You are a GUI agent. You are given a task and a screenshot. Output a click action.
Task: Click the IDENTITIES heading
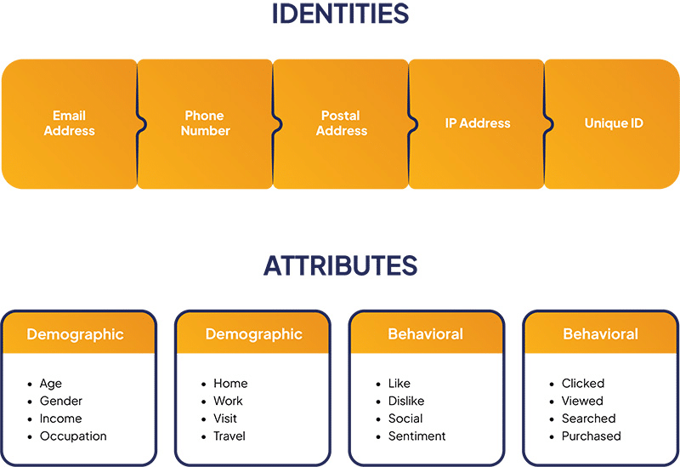coord(340,14)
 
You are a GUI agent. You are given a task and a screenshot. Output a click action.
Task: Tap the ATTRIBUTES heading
coord(340,266)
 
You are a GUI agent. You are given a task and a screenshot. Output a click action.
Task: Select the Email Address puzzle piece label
coord(69,123)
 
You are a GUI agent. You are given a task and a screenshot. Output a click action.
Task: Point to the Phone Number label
coord(205,123)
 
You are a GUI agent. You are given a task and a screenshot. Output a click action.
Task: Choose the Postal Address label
coord(341,123)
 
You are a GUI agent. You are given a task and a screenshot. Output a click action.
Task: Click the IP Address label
coord(478,123)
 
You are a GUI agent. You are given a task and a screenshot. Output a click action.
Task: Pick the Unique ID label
coord(614,123)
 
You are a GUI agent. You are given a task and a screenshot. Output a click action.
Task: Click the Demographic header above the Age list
coord(75,334)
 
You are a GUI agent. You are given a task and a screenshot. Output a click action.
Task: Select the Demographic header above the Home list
coord(253,334)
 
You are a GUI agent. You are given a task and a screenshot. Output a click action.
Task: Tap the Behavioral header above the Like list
coord(425,334)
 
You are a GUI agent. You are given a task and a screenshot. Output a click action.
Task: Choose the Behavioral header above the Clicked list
coord(600,334)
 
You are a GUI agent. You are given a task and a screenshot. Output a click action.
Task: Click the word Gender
coord(61,401)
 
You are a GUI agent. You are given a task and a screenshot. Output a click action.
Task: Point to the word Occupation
coord(73,436)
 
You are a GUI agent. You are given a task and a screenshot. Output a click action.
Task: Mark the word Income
coord(61,419)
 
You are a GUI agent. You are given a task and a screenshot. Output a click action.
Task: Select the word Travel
coord(229,436)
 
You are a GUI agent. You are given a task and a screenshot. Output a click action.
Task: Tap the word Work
coord(228,401)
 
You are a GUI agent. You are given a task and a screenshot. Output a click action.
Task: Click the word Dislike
coord(406,401)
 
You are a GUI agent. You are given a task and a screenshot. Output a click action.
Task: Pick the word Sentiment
coord(416,436)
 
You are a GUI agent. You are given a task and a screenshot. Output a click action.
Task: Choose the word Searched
coord(588,419)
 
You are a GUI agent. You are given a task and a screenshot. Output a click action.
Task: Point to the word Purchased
coord(591,436)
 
